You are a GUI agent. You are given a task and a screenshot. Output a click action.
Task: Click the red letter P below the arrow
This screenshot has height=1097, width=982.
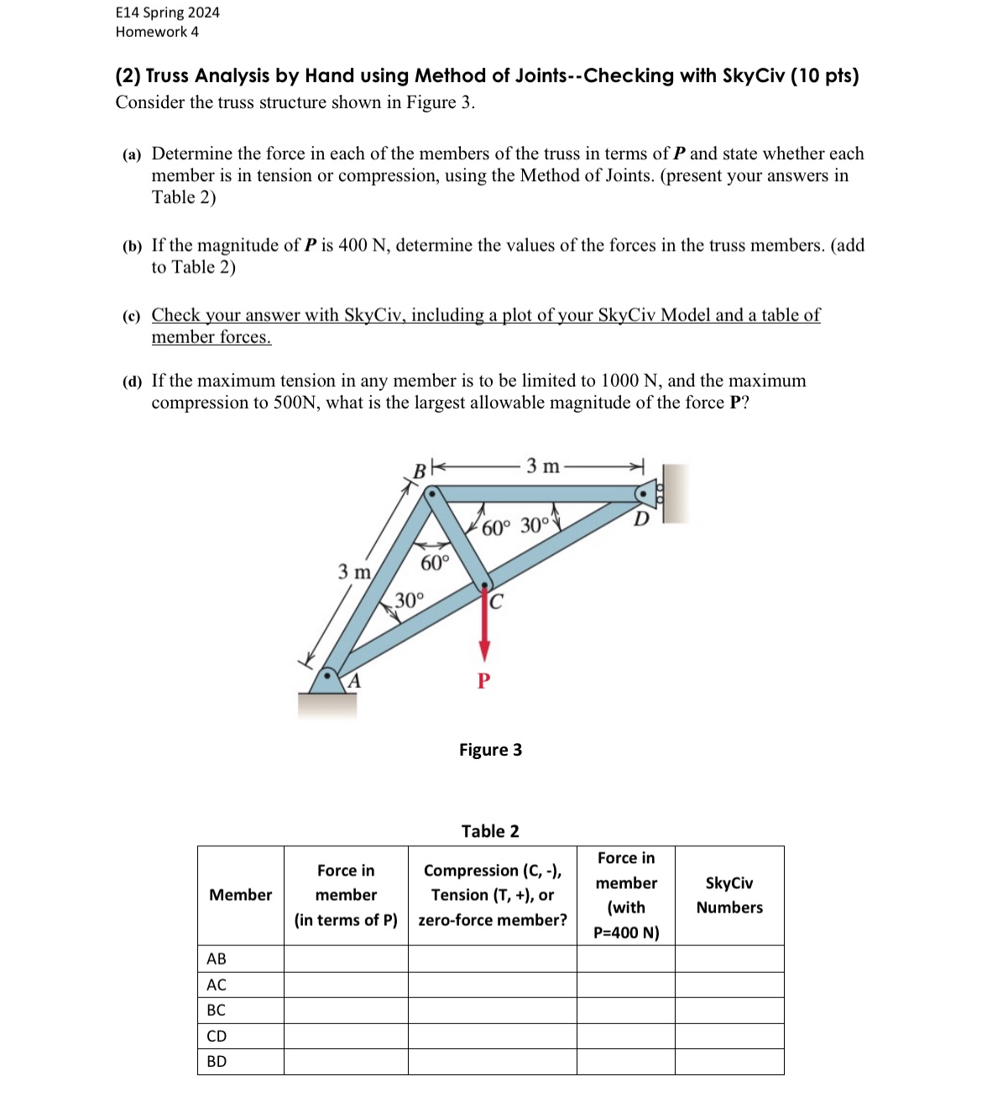pyautogui.click(x=483, y=680)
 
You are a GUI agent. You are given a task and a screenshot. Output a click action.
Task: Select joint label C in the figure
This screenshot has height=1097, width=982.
pyautogui.click(x=496, y=601)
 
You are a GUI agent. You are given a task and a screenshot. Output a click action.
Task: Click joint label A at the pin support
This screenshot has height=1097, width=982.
pyautogui.click(x=354, y=681)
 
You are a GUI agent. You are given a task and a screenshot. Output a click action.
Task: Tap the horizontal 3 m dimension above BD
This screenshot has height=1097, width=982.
pyautogui.click(x=542, y=466)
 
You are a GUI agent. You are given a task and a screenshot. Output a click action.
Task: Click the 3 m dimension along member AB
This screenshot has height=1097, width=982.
pyautogui.click(x=353, y=572)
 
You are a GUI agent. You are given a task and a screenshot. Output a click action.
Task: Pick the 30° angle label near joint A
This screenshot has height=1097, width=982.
pyautogui.click(x=410, y=600)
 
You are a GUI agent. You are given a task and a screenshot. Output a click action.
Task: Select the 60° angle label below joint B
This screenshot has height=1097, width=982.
pyautogui.click(x=435, y=563)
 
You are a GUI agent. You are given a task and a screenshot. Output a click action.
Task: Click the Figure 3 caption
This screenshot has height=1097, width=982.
pyautogui.click(x=490, y=750)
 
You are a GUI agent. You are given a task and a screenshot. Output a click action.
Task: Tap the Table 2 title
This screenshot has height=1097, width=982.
pyautogui.click(x=490, y=831)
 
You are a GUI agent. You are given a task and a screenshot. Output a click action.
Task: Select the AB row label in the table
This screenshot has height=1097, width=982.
pyautogui.click(x=217, y=959)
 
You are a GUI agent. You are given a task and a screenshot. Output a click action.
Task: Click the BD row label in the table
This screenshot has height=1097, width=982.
pyautogui.click(x=217, y=1062)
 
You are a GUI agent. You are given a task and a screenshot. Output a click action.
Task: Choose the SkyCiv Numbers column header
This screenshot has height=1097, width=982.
pyautogui.click(x=729, y=896)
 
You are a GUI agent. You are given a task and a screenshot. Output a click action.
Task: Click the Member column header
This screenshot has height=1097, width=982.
pyautogui.click(x=240, y=895)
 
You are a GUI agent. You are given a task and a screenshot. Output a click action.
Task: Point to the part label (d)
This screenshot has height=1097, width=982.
pyautogui.click(x=132, y=382)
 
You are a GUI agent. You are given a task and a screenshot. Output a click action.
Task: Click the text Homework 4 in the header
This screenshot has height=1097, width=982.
pyautogui.click(x=157, y=32)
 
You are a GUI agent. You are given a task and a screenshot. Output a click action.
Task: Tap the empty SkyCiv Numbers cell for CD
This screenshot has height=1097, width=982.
pyautogui.click(x=729, y=1036)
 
